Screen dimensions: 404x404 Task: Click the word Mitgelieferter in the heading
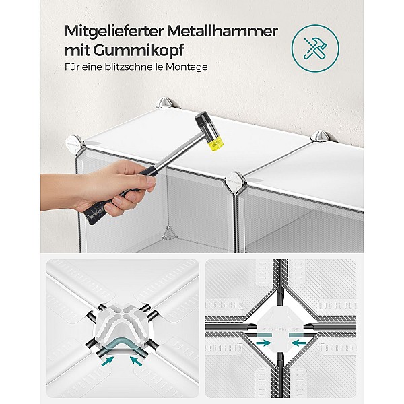coord(114,31)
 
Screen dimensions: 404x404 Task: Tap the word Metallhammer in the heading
coord(222,31)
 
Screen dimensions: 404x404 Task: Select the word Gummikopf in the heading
coord(139,50)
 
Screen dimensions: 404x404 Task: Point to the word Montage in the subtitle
coord(187,67)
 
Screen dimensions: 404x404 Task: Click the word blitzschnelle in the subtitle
coord(134,67)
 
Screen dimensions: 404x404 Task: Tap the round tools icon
coord(315,48)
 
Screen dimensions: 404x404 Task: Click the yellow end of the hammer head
coord(215,143)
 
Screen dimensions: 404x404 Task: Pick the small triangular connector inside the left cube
coord(169,233)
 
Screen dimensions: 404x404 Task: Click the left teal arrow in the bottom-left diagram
coord(108,360)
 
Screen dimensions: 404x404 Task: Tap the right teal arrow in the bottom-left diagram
coord(136,360)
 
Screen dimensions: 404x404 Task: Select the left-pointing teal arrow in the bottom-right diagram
coord(299,343)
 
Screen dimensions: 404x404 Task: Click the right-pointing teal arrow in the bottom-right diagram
coord(263,343)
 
